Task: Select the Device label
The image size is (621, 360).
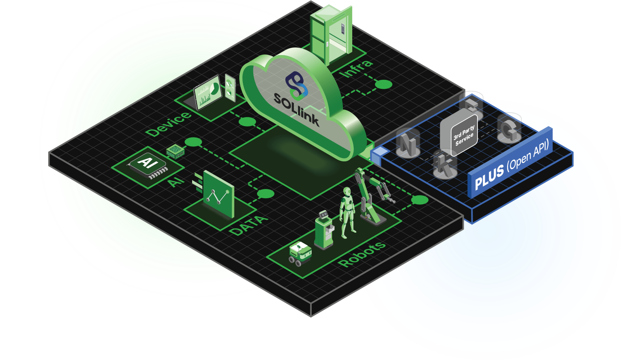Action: point(168,124)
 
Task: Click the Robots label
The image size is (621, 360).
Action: point(362,254)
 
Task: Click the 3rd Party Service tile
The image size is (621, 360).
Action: point(459,134)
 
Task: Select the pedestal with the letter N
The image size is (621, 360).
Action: point(407,144)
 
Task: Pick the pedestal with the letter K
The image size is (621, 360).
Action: point(445,165)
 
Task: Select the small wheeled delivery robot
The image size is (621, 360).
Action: point(300,253)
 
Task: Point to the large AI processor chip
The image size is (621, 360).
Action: point(147,165)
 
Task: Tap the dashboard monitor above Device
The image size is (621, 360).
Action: point(208,92)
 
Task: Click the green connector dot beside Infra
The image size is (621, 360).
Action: point(383,84)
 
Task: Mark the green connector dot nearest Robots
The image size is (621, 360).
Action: point(420,200)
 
